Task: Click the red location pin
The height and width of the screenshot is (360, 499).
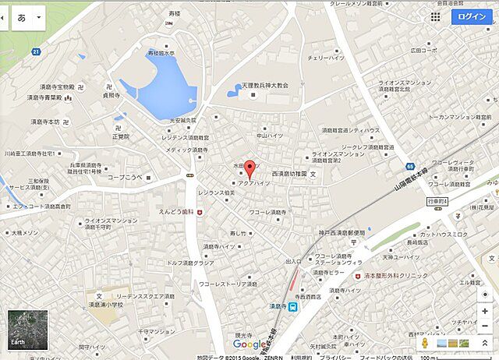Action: point(249,168)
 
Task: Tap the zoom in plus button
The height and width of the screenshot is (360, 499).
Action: point(485,311)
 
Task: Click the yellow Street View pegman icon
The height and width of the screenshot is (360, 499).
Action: point(426,342)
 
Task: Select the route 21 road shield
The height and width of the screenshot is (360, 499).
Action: point(37,51)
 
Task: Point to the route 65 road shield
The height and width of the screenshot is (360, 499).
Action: point(410,167)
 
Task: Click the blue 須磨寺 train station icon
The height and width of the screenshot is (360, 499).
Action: point(292,308)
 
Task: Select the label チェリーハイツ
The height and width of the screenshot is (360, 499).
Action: point(327,58)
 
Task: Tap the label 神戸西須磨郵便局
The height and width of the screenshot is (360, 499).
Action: point(331,233)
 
